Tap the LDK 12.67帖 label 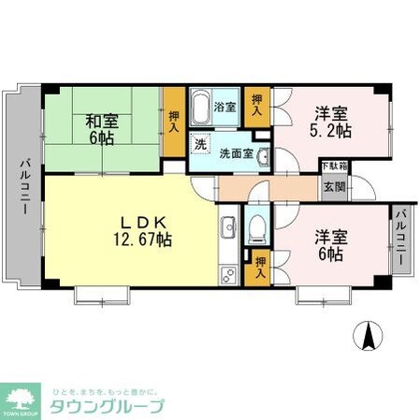click(x=143, y=231)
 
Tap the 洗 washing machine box click(x=199, y=145)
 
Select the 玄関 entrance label click(x=334, y=186)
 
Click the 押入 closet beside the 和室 click(x=174, y=119)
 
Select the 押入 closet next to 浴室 click(x=255, y=105)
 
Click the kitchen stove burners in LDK click(x=227, y=276)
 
